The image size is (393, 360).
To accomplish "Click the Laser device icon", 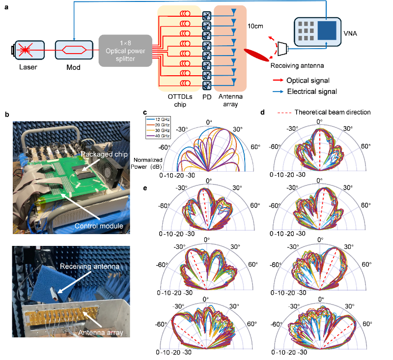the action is click(x=28, y=50).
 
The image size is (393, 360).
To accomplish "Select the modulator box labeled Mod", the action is click(x=74, y=50).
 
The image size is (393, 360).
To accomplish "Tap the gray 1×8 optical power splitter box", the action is click(x=125, y=51).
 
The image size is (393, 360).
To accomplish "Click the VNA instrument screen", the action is click(x=327, y=30).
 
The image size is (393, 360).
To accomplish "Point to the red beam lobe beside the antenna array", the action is click(x=256, y=55).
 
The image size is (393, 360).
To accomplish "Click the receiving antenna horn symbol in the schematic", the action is click(x=282, y=49).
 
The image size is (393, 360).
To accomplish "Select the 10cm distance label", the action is click(x=255, y=26).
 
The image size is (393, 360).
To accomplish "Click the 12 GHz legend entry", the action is click(x=158, y=120).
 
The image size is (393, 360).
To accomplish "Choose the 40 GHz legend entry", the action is click(x=158, y=136).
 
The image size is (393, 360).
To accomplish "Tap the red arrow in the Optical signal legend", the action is click(x=278, y=80).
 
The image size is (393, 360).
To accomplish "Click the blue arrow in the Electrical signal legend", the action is click(x=278, y=91).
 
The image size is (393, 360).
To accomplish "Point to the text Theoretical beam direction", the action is click(x=333, y=112).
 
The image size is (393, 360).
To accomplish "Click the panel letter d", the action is click(x=262, y=112).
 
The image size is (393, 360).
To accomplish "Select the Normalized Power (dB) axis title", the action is click(x=147, y=163).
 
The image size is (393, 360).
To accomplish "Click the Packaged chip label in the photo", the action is click(x=104, y=154).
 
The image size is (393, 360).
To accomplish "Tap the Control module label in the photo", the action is click(x=99, y=226).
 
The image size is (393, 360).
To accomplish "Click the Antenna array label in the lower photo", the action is click(x=101, y=332).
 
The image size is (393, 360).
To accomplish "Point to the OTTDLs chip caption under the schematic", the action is click(x=180, y=101).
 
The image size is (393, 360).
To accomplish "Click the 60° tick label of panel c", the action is click(x=255, y=147).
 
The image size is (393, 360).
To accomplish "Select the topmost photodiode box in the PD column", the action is click(x=207, y=16).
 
